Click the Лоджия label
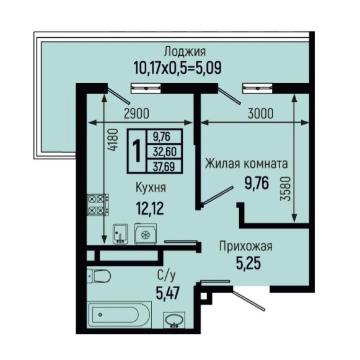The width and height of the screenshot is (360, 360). (x=185, y=52)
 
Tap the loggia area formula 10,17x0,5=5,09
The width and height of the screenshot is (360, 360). (x=177, y=68)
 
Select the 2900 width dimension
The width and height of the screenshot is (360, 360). (x=136, y=113)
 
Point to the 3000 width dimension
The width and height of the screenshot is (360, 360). (x=261, y=113)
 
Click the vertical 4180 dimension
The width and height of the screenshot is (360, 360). (x=113, y=140)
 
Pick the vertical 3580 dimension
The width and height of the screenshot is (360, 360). (x=286, y=189)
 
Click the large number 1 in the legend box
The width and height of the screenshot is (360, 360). (x=137, y=151)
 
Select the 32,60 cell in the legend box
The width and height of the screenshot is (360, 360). (x=165, y=152)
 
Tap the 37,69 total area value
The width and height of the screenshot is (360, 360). (x=165, y=166)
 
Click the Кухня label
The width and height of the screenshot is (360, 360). (x=151, y=188)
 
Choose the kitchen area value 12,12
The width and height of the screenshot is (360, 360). (x=150, y=208)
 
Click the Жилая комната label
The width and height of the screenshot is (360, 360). (x=247, y=164)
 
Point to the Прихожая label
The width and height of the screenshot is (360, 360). (x=246, y=247)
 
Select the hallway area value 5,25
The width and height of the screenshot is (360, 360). (x=248, y=263)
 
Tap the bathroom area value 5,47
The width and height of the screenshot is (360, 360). (x=167, y=293)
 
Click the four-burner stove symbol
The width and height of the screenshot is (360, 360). (x=97, y=204)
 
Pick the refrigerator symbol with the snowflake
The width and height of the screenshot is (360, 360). (x=146, y=234)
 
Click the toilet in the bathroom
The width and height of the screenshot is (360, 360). (x=99, y=276)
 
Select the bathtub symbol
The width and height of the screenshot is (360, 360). (x=120, y=315)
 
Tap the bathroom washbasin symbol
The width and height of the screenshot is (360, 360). (x=174, y=320)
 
